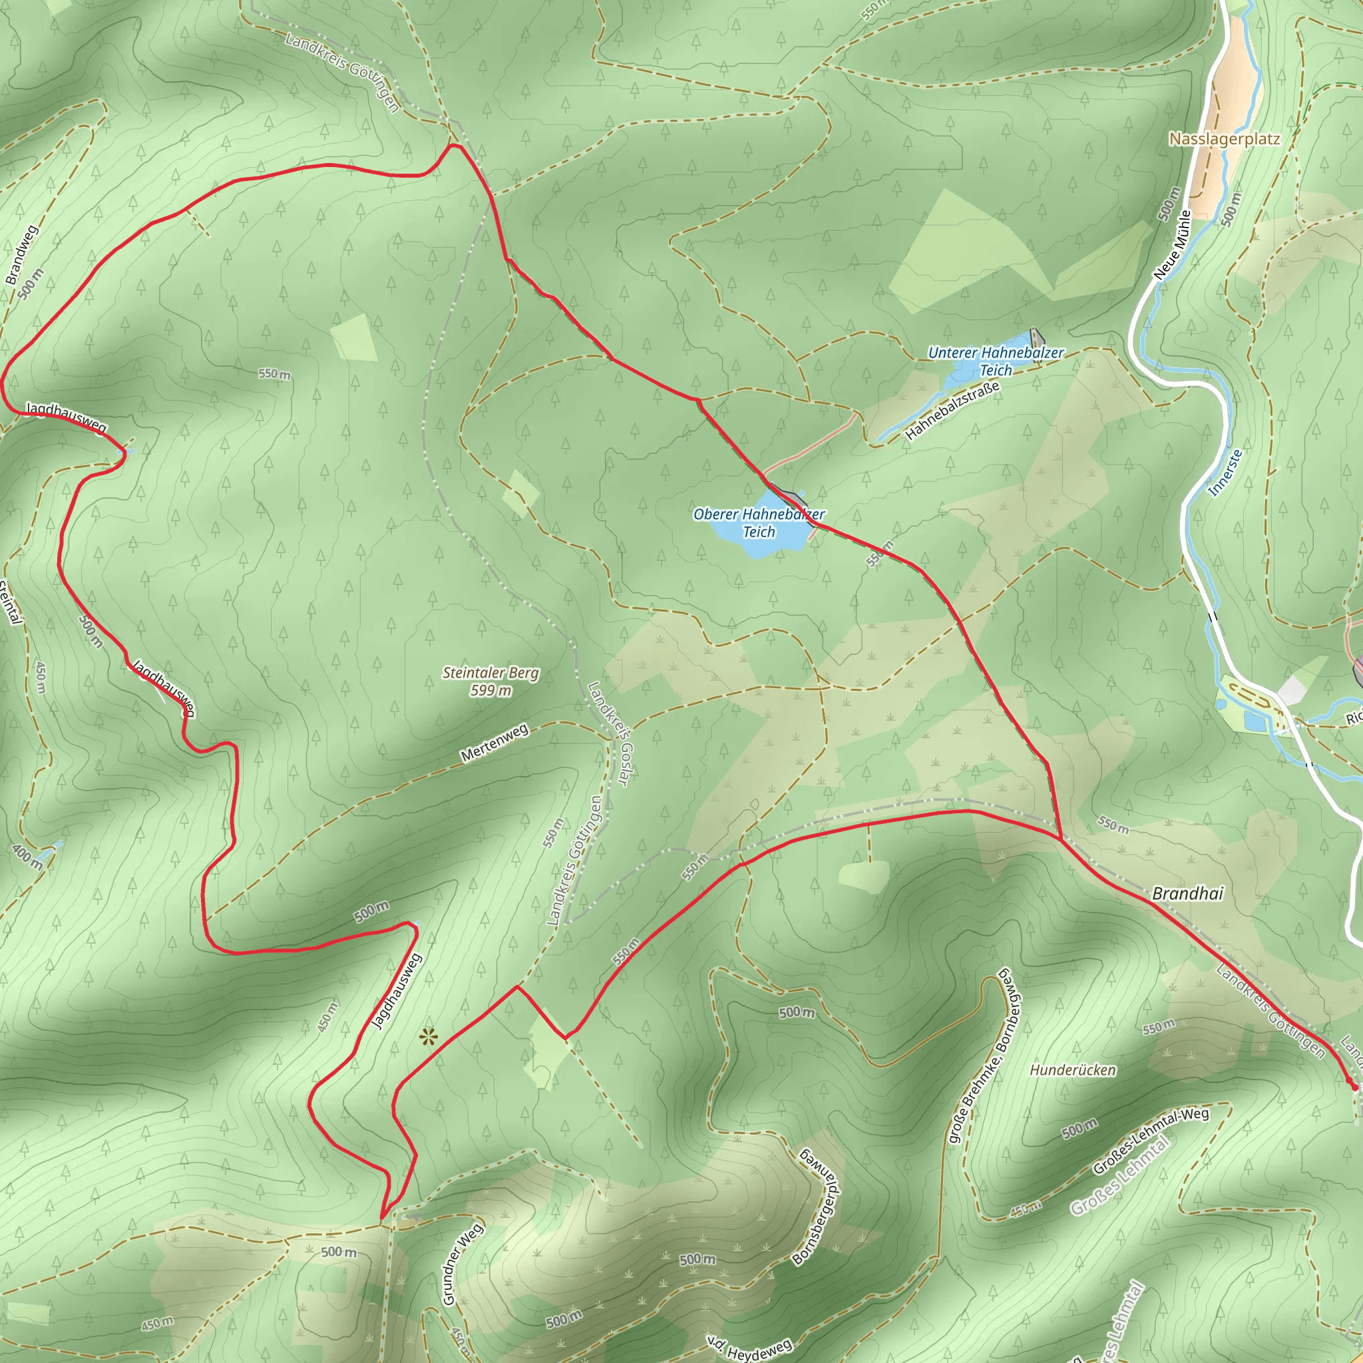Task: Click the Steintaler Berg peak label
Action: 490,673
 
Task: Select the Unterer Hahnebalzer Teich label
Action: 996,361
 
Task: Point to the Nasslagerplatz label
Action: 1224,139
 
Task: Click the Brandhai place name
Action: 1187,894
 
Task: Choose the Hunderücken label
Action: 1073,1070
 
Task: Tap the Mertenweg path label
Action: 494,743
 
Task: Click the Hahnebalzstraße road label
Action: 952,411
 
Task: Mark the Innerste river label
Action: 1225,473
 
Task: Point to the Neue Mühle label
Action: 1173,245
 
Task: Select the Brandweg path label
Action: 21,255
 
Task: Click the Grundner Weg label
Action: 463,1265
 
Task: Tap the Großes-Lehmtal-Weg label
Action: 1151,1141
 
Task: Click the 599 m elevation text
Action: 490,691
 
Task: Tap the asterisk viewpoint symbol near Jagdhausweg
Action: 428,1037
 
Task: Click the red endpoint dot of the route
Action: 1354,1087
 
